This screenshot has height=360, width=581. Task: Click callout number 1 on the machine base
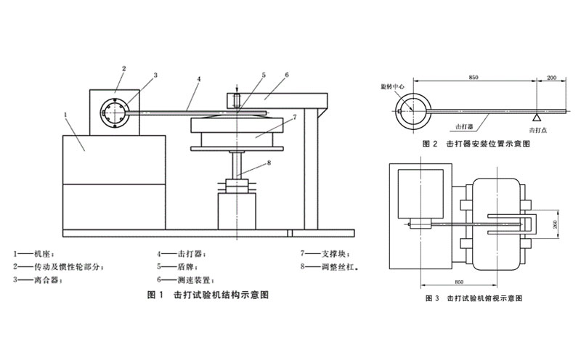(x=66, y=114)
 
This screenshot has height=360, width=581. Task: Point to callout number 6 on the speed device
(x=287, y=75)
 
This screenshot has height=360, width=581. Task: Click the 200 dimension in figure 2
(x=551, y=77)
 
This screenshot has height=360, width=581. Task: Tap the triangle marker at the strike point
(x=536, y=116)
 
